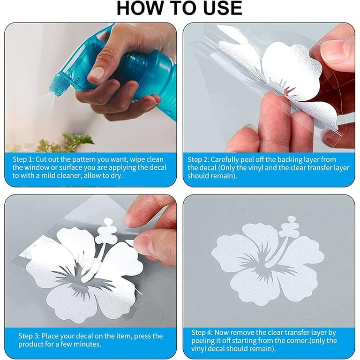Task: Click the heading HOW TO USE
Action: click(x=180, y=8)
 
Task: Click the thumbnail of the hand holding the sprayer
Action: click(x=97, y=73)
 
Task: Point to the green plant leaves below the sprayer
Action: click(x=66, y=143)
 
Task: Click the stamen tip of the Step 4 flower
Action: click(x=292, y=219)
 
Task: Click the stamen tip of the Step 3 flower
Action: click(x=108, y=222)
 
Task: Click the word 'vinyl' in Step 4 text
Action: click(x=199, y=349)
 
